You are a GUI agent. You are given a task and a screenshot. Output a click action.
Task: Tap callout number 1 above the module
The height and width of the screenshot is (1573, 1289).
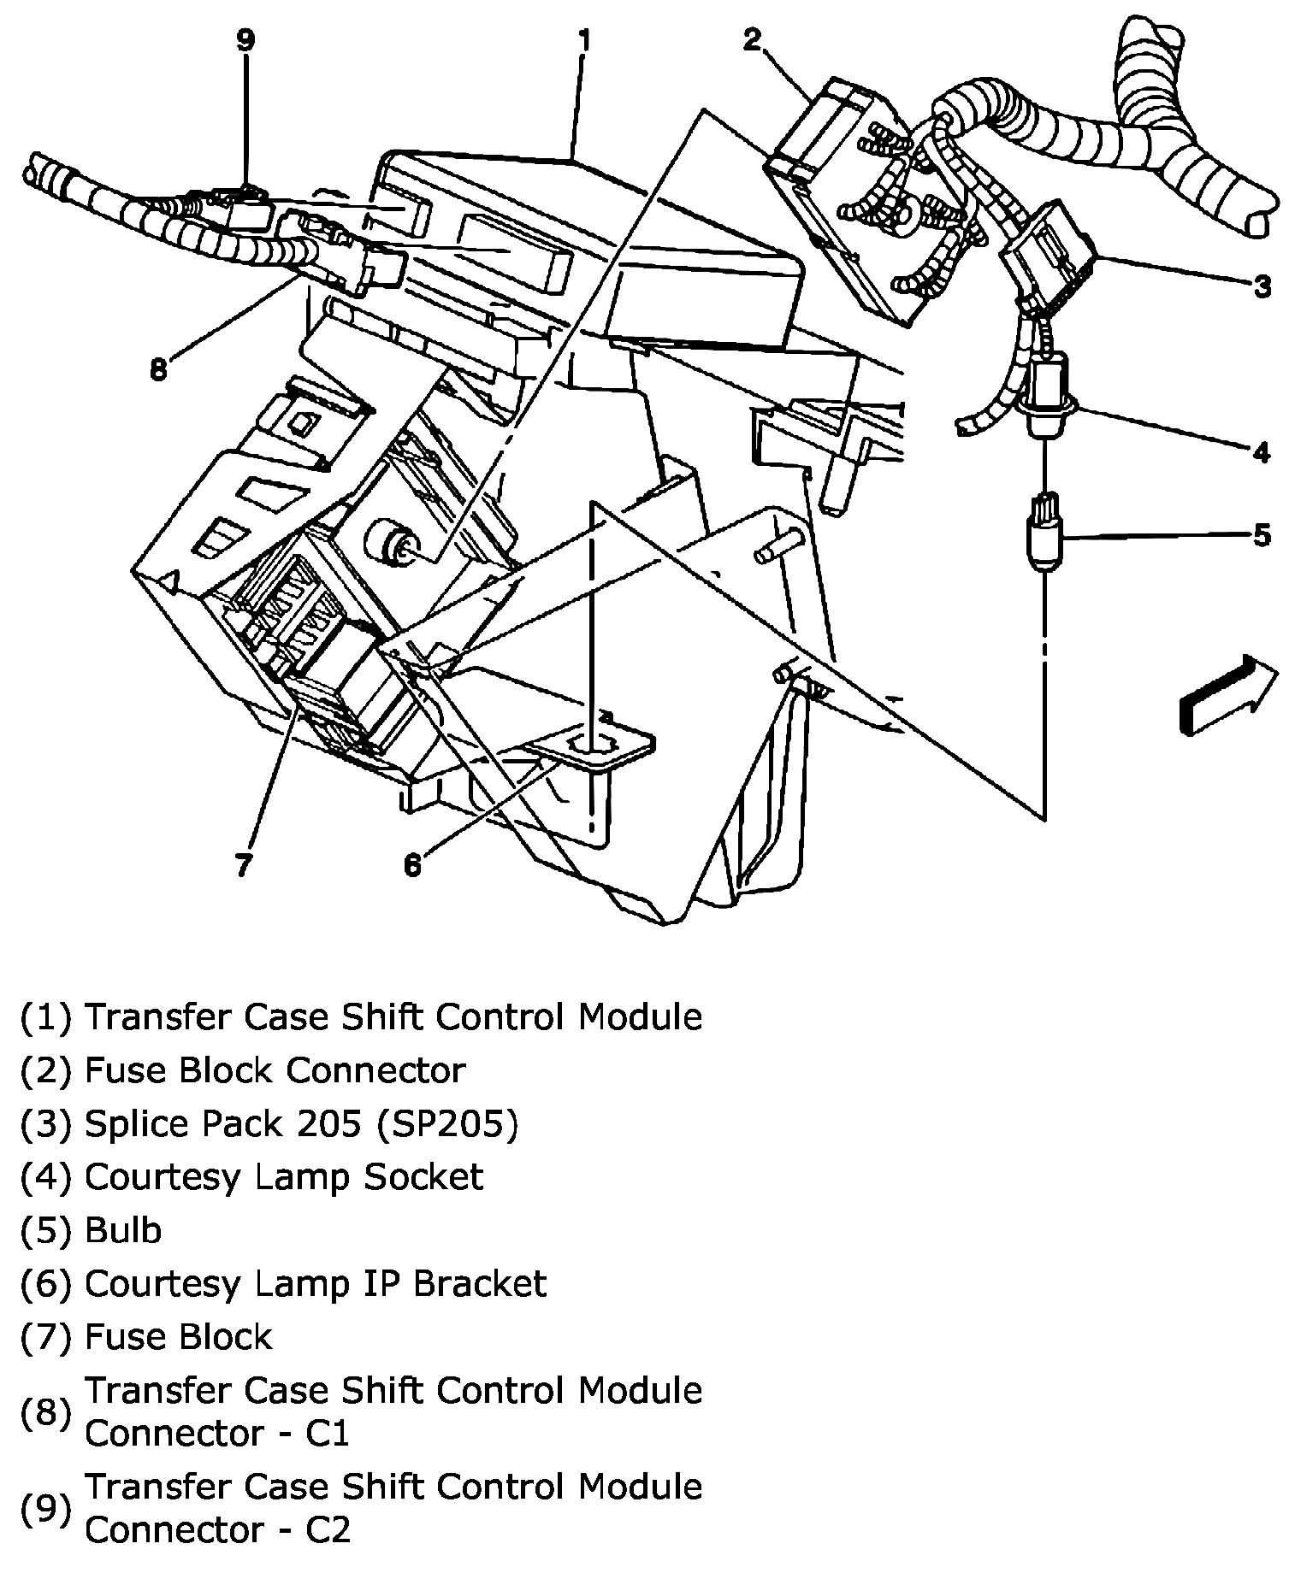[584, 40]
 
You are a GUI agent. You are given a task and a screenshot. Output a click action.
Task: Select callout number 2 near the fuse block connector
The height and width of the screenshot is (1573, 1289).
[753, 39]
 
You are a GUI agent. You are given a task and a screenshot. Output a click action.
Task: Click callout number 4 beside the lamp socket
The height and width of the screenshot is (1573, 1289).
[1262, 451]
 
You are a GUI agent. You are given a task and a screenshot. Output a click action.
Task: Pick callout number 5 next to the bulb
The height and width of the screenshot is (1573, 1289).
[1262, 536]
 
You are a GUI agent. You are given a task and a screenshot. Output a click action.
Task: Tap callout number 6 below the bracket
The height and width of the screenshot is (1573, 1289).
[412, 865]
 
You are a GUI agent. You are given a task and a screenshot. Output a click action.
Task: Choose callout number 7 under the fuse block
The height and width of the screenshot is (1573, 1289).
[244, 865]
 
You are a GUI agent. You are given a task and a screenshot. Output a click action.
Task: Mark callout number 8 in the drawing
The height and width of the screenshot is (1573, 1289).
[158, 370]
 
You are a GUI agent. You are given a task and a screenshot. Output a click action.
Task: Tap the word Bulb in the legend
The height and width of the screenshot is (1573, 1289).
[123, 1229]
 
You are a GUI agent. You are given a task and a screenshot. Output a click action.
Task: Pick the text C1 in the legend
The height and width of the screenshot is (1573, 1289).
[328, 1432]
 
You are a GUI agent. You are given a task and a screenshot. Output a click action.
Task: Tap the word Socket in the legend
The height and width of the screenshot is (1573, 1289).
[423, 1176]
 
